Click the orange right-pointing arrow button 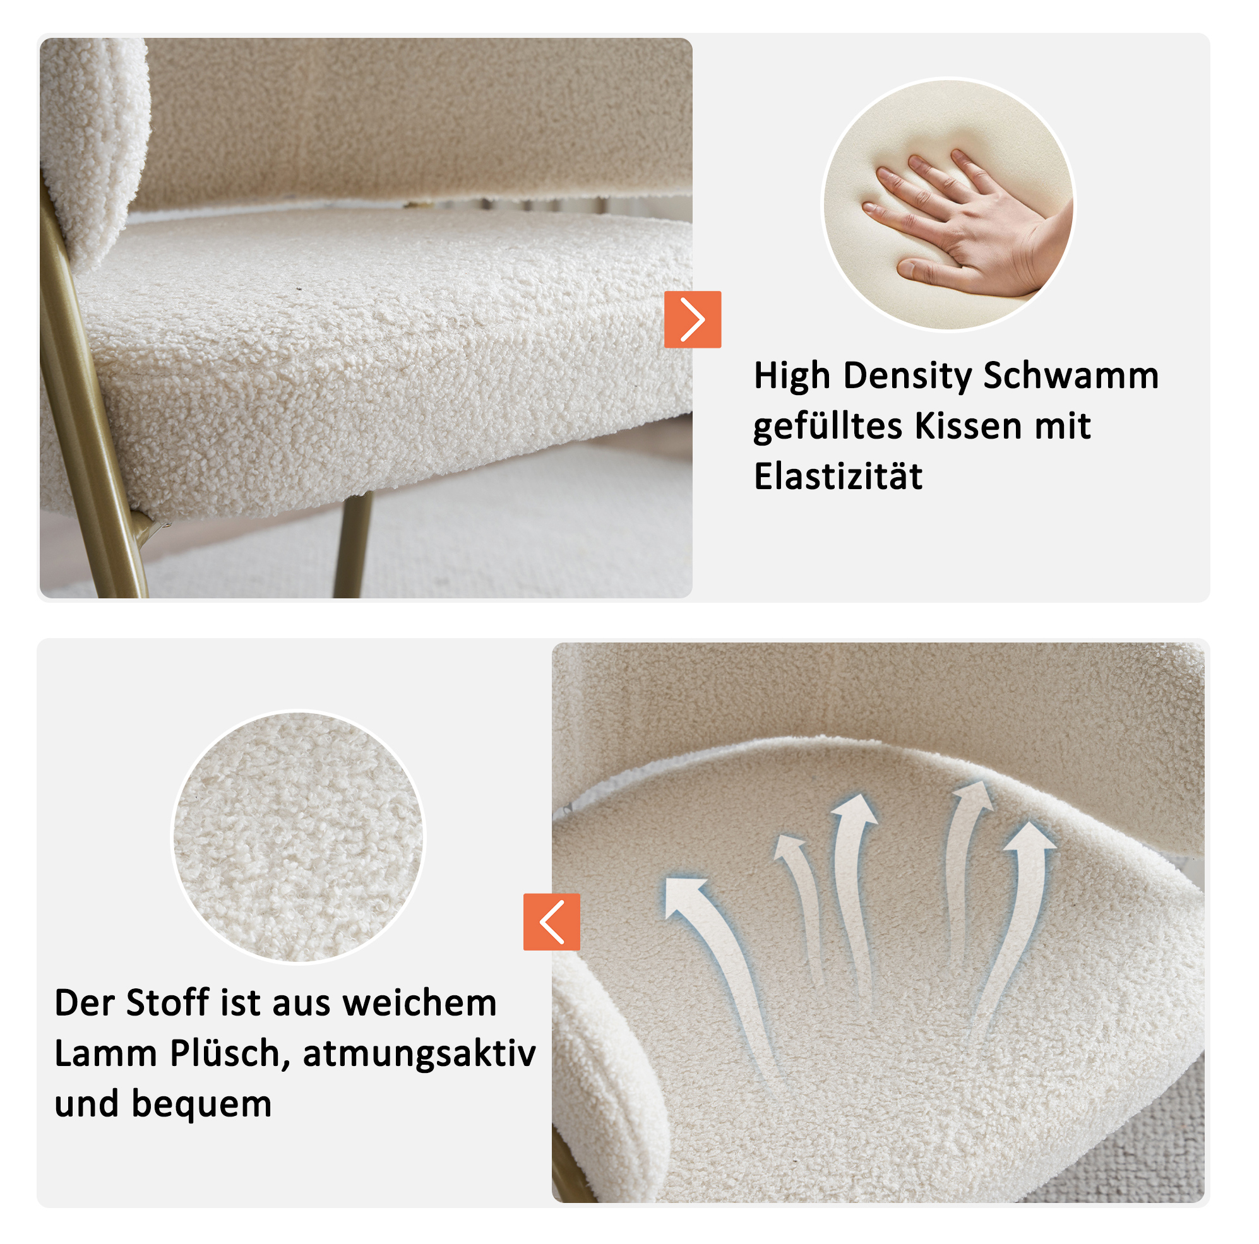(693, 319)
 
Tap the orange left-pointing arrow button (551, 921)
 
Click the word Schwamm (1071, 376)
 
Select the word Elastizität (838, 476)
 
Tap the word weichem (420, 1003)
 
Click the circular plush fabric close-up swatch (298, 837)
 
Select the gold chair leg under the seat (353, 545)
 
